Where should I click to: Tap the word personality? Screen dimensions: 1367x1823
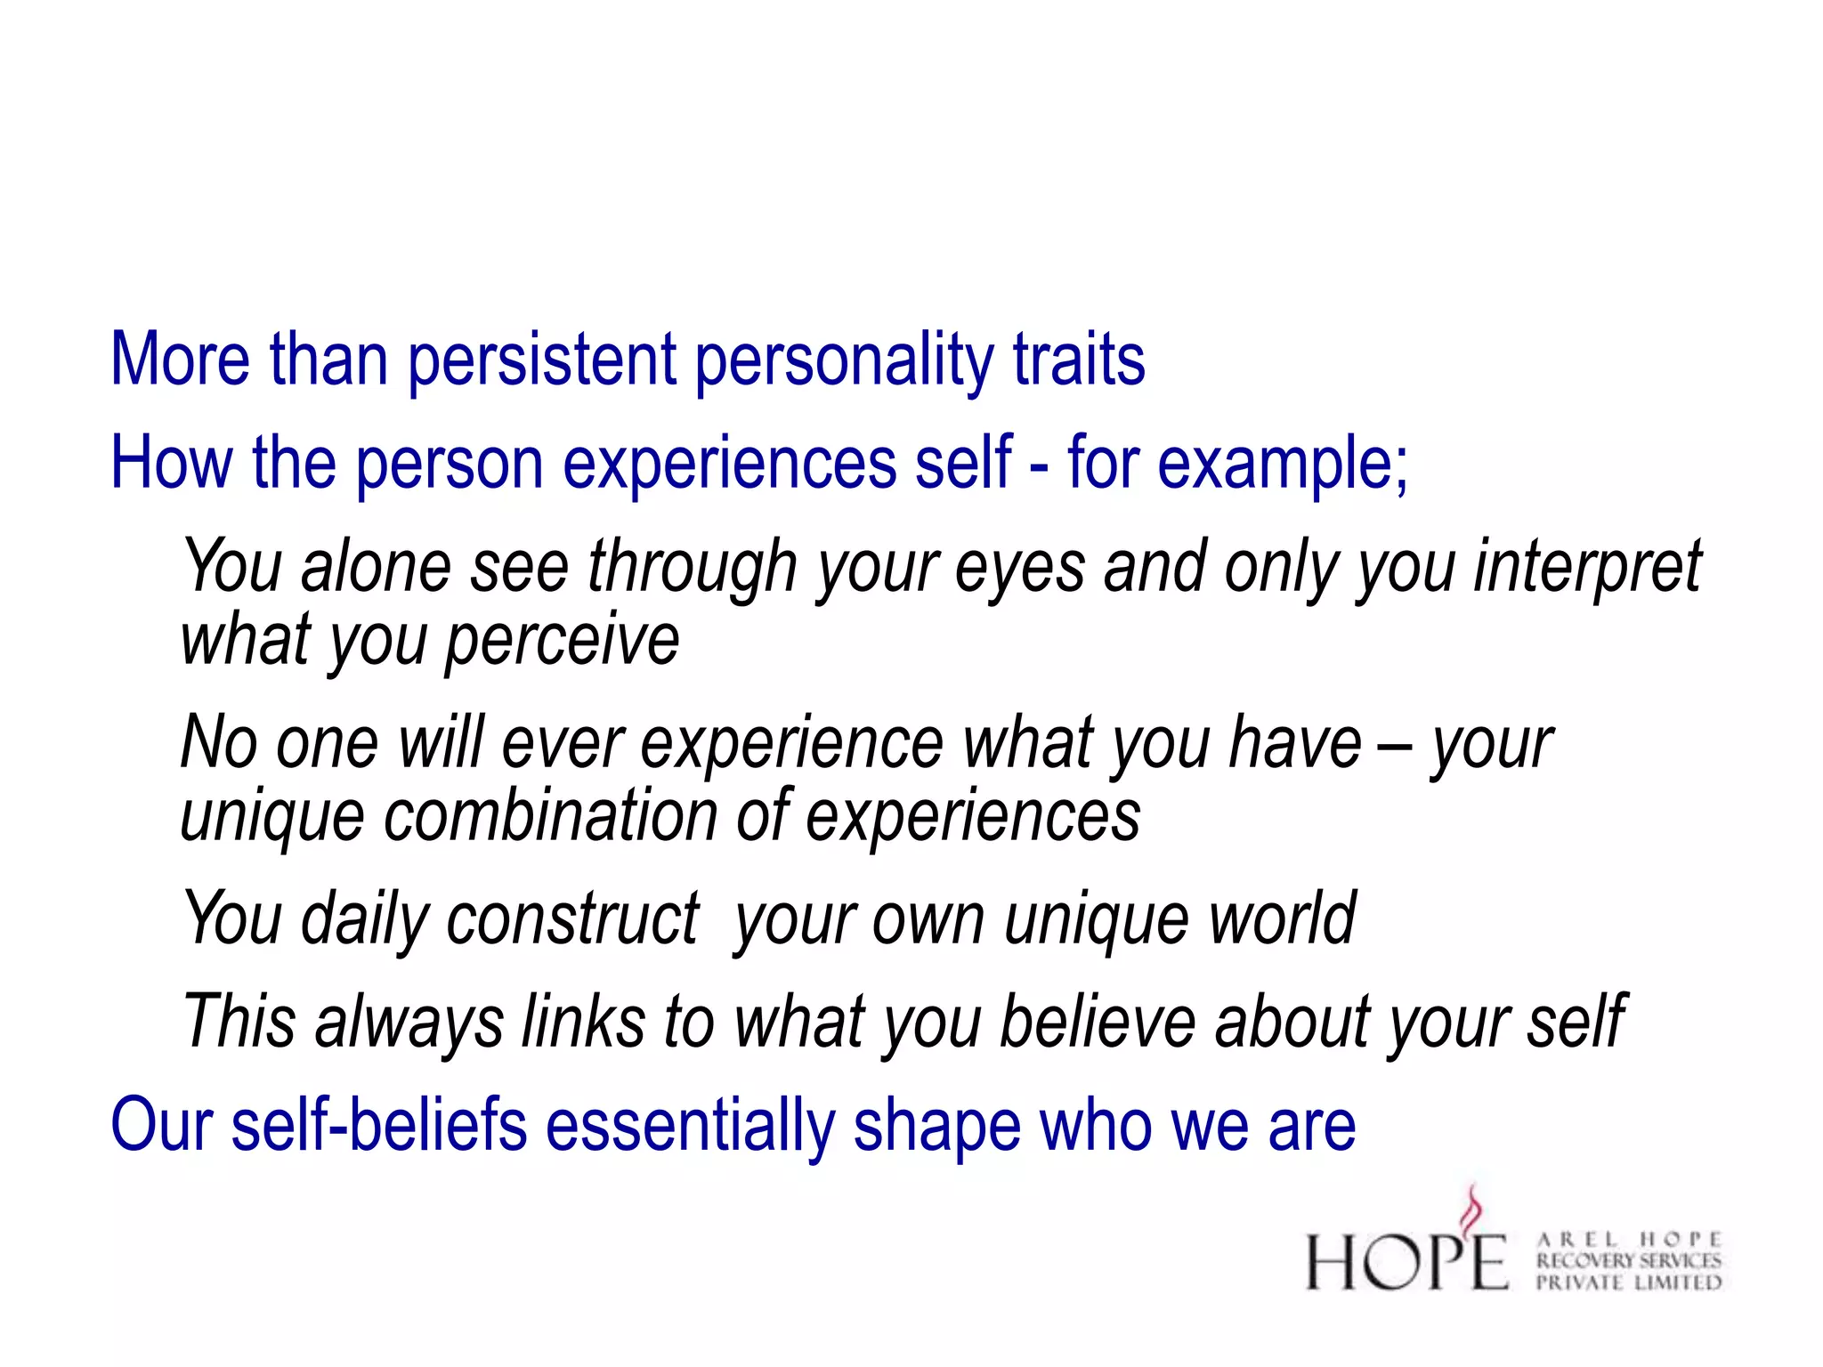[844, 360]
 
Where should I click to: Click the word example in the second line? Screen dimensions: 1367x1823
[1283, 464]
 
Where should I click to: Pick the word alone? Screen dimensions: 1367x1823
[377, 568]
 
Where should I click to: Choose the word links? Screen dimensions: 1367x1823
[584, 1022]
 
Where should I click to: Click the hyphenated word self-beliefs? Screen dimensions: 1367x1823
[379, 1125]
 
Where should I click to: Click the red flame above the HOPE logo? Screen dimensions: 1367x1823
[1473, 1210]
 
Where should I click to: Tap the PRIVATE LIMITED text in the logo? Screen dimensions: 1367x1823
[1629, 1282]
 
